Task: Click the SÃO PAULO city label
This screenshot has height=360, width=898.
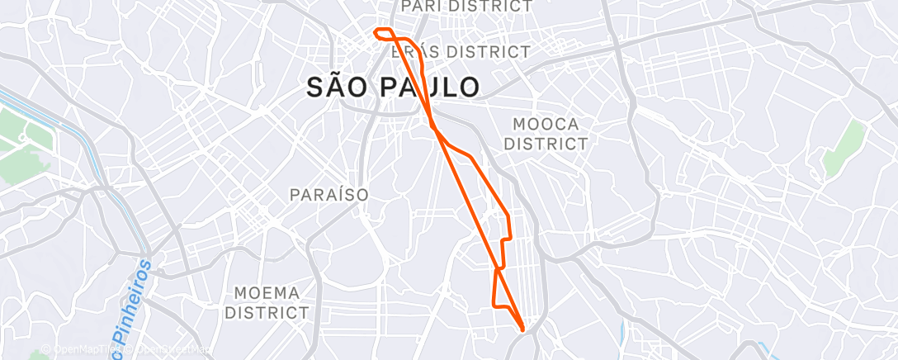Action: (393, 87)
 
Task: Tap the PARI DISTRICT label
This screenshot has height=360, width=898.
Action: (466, 7)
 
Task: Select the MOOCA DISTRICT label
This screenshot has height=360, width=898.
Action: (546, 134)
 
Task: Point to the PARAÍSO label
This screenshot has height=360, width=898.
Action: (328, 195)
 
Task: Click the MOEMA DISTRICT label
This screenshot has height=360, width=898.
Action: (267, 303)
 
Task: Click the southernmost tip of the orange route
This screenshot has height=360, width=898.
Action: (523, 330)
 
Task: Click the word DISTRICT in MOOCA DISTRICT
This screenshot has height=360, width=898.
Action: (546, 144)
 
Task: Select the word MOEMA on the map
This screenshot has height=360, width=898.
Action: (267, 293)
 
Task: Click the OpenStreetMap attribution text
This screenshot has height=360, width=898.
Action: (170, 351)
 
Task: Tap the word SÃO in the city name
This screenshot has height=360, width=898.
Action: (333, 87)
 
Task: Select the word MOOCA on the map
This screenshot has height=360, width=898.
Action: (546, 124)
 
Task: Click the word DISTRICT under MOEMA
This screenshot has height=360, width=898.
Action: (267, 314)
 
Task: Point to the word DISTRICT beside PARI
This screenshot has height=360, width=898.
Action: (490, 7)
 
